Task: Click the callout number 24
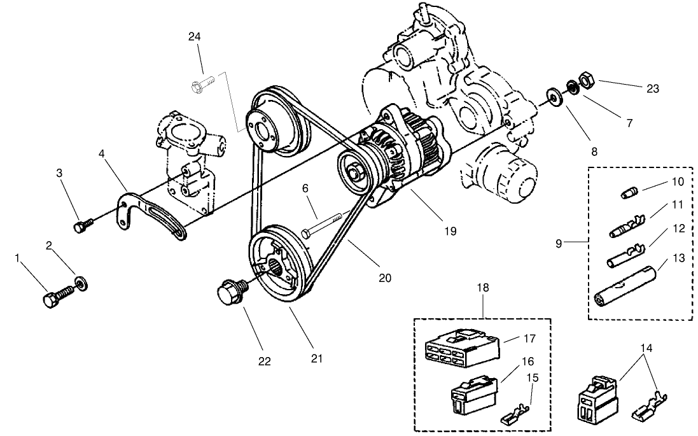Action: (x=195, y=36)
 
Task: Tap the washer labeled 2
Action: (x=81, y=282)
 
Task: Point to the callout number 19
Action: (x=450, y=231)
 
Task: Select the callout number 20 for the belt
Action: (x=384, y=278)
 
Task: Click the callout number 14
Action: (x=646, y=349)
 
